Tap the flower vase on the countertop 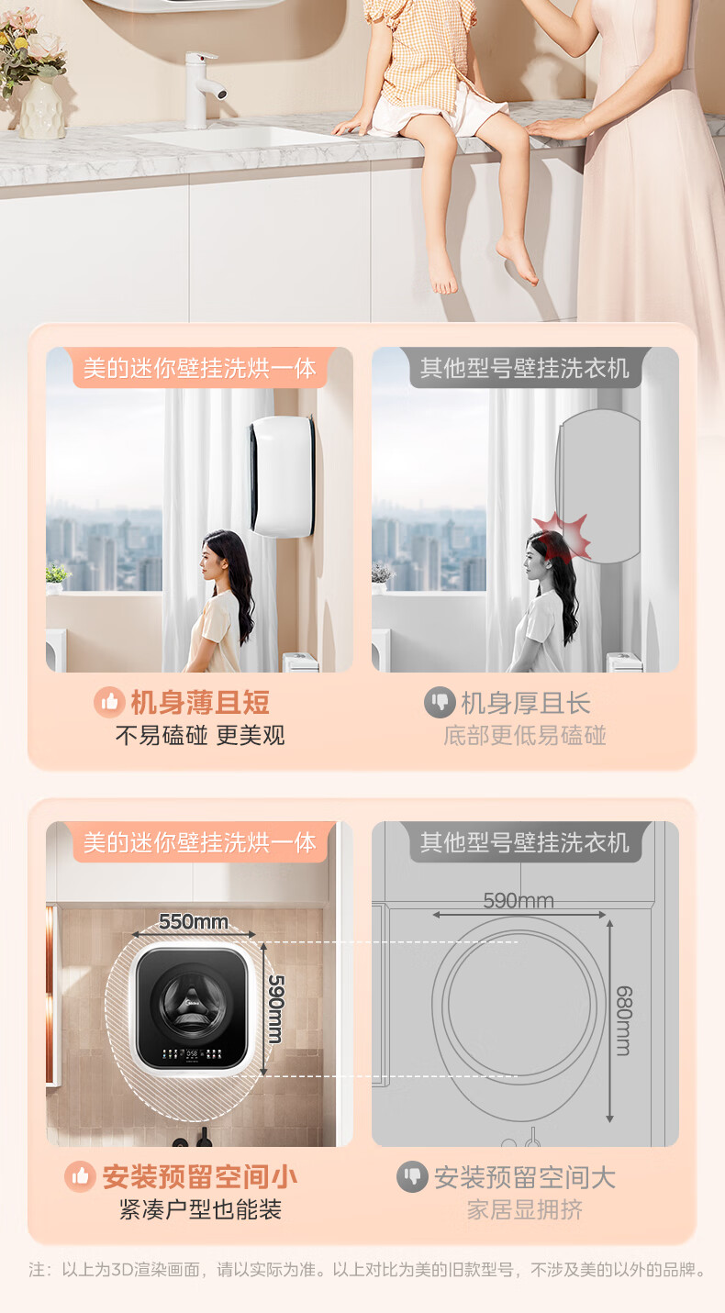pyautogui.click(x=41, y=109)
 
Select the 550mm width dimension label pyautogui.click(x=194, y=922)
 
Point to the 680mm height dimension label pyautogui.click(x=624, y=1020)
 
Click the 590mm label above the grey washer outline pyautogui.click(x=519, y=900)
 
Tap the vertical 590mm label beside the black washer pyautogui.click(x=276, y=1008)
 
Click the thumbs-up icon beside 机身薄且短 pyautogui.click(x=109, y=702)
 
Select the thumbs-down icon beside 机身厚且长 pyautogui.click(x=440, y=702)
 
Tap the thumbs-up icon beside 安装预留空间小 pyautogui.click(x=80, y=1176)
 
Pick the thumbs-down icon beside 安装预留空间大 pyautogui.click(x=413, y=1176)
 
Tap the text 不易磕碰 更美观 pyautogui.click(x=200, y=735)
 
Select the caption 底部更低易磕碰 pyautogui.click(x=525, y=735)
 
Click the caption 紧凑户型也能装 pyautogui.click(x=200, y=1209)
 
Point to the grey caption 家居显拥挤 pyautogui.click(x=525, y=1209)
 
